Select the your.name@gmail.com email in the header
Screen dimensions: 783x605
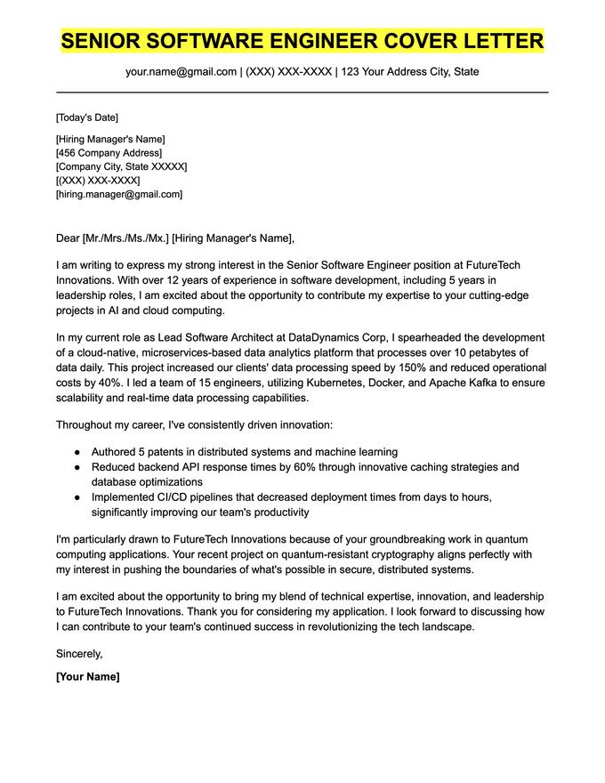click(x=181, y=71)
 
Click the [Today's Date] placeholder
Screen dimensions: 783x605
click(x=86, y=117)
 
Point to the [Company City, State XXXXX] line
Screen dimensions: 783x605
click(x=121, y=166)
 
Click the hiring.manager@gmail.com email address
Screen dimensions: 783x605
click(x=118, y=194)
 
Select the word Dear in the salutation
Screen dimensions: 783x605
click(x=68, y=238)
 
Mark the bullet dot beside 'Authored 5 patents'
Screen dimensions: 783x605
click(x=78, y=452)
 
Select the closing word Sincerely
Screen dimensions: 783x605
click(x=79, y=653)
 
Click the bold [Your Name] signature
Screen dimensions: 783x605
click(x=87, y=676)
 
